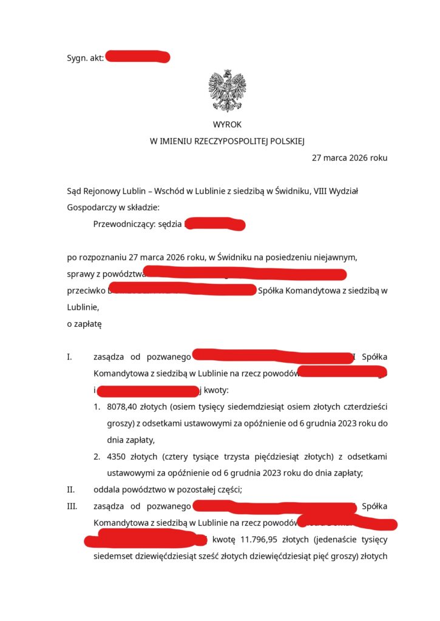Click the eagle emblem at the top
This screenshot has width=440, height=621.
[x=227, y=90]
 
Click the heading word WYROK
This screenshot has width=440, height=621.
[x=227, y=125]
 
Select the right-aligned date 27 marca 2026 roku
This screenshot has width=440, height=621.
[x=350, y=158]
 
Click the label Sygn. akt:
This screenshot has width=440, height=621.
[x=85, y=58]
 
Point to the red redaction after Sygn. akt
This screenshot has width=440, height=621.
[x=137, y=58]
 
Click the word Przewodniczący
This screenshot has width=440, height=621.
[x=124, y=224]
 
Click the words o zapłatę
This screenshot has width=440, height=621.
[x=84, y=324]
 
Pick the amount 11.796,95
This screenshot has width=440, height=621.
[x=265, y=539]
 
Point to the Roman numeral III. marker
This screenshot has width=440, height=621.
[x=72, y=506]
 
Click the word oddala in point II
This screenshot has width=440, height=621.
[x=106, y=489]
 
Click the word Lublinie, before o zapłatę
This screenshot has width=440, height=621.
[x=84, y=307]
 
